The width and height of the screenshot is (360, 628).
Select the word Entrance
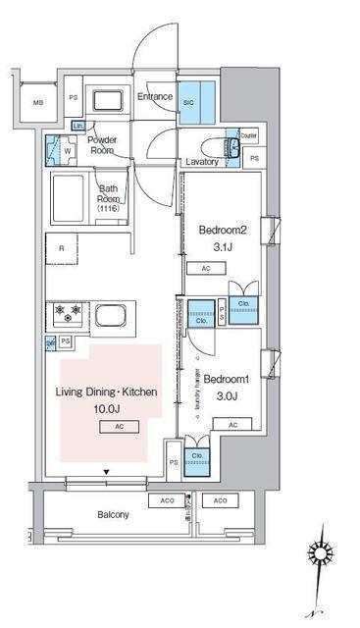click(155, 97)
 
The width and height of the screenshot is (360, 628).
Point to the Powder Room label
click(104, 145)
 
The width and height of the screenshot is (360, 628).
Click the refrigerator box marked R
click(62, 249)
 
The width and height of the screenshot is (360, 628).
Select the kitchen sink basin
click(111, 318)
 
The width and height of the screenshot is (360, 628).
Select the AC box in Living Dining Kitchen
click(118, 427)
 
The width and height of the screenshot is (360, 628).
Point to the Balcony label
click(113, 514)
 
